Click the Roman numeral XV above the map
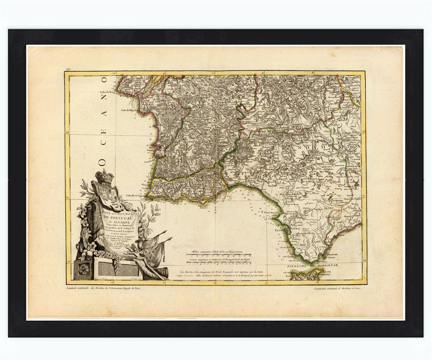69,69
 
